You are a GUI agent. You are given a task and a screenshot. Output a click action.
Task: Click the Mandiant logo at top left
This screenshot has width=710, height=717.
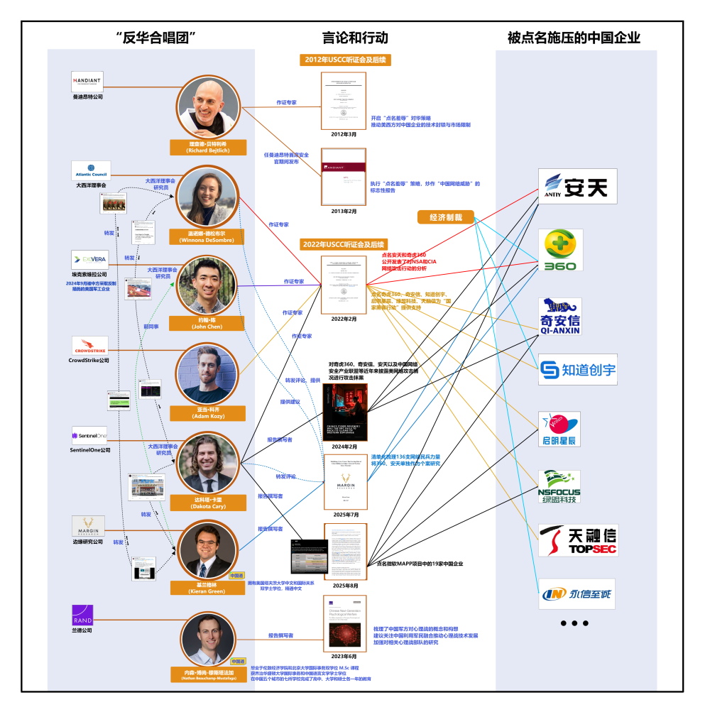[x=87, y=80]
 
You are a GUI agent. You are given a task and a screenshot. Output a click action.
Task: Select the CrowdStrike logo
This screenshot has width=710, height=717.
[x=90, y=346]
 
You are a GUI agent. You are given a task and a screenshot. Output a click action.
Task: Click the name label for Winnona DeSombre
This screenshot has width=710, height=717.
[x=207, y=236]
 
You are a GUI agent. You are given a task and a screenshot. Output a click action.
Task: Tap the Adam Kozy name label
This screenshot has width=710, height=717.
[x=207, y=413]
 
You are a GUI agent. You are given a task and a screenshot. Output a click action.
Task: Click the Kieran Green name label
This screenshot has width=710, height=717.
[x=207, y=589]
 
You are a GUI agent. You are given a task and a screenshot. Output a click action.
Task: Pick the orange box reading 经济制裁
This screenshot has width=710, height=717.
[x=445, y=217]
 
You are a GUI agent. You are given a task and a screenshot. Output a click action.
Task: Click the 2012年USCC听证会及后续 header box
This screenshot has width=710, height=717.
[x=345, y=60]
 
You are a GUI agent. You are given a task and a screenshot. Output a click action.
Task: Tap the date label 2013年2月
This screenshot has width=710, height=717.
[x=344, y=211]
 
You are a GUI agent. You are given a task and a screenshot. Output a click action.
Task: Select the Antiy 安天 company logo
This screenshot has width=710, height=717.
[x=572, y=187]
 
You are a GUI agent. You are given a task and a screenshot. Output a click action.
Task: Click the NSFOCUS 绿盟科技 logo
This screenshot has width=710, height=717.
[x=559, y=486]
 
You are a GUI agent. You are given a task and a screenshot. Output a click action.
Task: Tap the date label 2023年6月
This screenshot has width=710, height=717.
[x=345, y=657]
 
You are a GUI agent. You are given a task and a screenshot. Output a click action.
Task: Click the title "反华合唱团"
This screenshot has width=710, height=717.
[x=155, y=38]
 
